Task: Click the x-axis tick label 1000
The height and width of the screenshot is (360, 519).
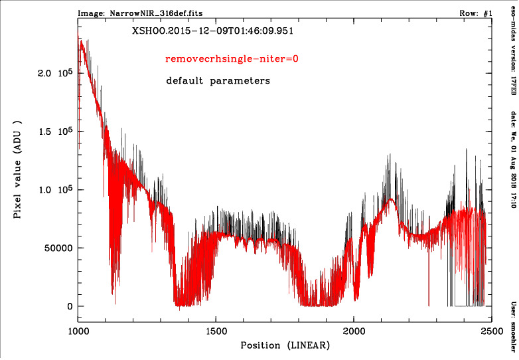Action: click(78, 330)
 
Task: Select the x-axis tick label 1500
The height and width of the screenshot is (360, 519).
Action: click(216, 330)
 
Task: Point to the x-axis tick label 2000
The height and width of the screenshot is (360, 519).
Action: click(354, 330)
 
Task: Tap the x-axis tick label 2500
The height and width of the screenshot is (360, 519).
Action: click(491, 330)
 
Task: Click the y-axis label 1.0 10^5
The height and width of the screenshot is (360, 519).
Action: click(54, 190)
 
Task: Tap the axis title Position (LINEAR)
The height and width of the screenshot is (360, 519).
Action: click(285, 346)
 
